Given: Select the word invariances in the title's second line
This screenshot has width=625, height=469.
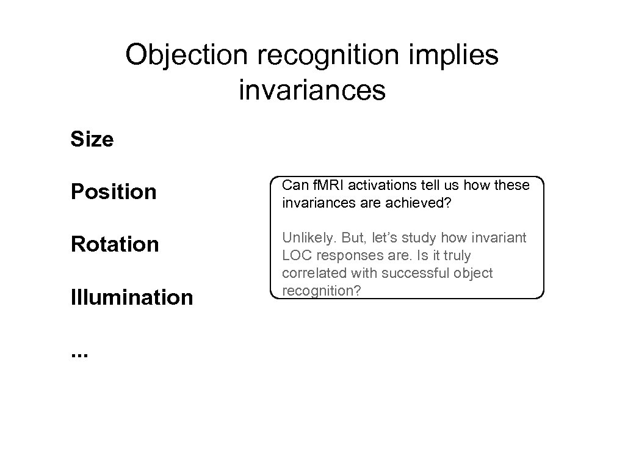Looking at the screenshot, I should tap(312, 90).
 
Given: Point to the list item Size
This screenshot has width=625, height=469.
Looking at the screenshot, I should tap(92, 140).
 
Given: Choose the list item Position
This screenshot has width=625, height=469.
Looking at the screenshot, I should tap(114, 192).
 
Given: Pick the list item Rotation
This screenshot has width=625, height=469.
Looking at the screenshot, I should tap(115, 245).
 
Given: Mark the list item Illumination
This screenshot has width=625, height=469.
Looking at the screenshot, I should tap(132, 298).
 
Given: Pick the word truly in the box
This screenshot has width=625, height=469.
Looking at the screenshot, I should tap(456, 255).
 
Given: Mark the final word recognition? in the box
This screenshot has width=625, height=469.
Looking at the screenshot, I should tap(322, 291).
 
